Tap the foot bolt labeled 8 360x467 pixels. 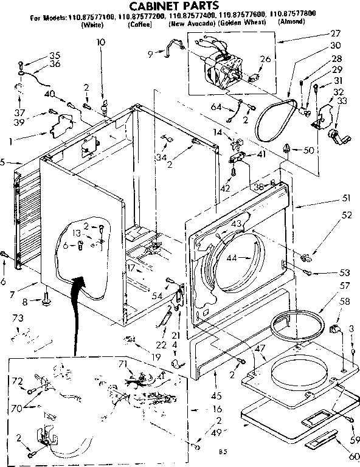click(x=46, y=300)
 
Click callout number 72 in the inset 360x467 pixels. click(x=17, y=381)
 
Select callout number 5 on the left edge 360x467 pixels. click(x=4, y=162)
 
